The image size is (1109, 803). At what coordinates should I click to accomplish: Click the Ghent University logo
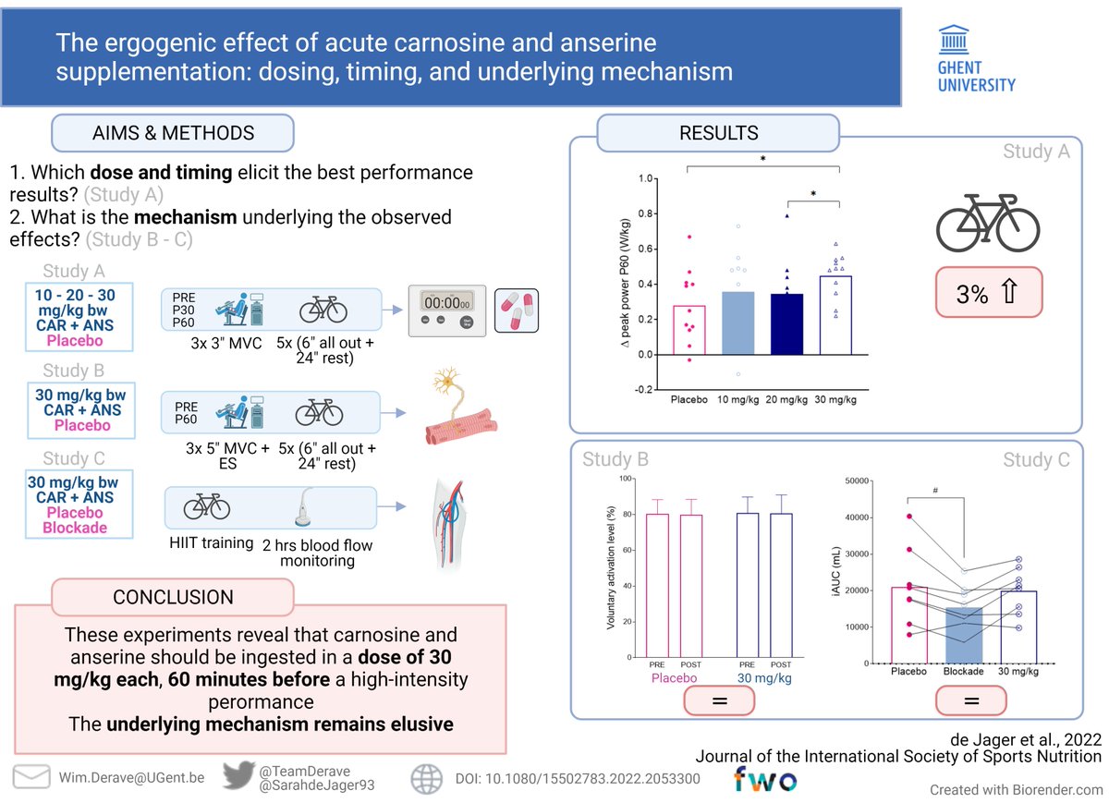coord(976,58)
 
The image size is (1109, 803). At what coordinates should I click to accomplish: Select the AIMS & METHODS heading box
coord(173,133)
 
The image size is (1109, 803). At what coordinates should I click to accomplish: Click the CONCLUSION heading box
coord(173,598)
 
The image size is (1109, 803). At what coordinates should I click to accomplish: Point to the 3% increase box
coord(987,294)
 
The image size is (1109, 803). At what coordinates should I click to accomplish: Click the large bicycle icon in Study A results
coord(987,221)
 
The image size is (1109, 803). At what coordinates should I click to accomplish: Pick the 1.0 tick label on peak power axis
coord(648,178)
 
